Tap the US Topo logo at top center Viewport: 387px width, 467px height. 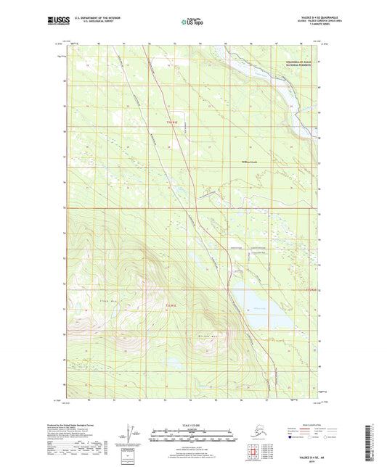click(x=192, y=22)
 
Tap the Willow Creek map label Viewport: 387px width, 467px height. click(x=250, y=162)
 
